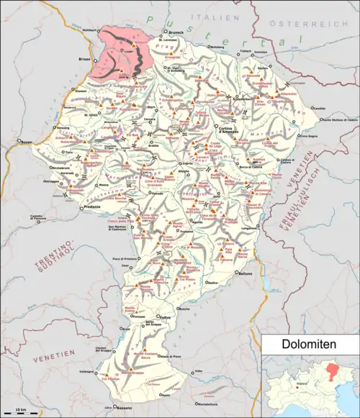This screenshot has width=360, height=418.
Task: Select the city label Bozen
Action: (x=27, y=141)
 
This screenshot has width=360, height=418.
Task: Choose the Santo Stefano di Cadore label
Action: (x=338, y=119)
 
